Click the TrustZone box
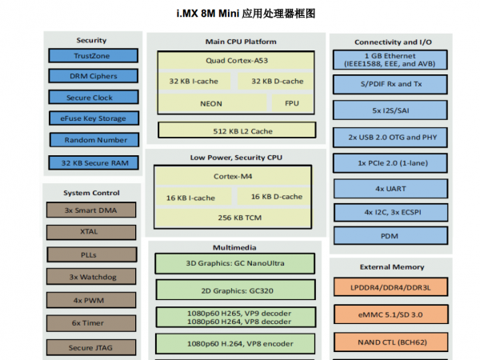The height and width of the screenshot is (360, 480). click(x=92, y=55)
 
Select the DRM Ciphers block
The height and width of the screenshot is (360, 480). click(x=92, y=77)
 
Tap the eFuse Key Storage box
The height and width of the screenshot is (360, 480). click(x=92, y=119)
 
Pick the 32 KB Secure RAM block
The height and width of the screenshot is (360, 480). click(x=92, y=163)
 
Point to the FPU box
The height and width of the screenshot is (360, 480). click(x=291, y=103)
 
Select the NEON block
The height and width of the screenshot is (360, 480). click(x=211, y=103)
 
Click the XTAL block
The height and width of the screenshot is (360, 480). click(x=90, y=233)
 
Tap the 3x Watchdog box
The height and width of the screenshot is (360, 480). click(x=90, y=278)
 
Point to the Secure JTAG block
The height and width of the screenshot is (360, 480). click(x=90, y=347)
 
